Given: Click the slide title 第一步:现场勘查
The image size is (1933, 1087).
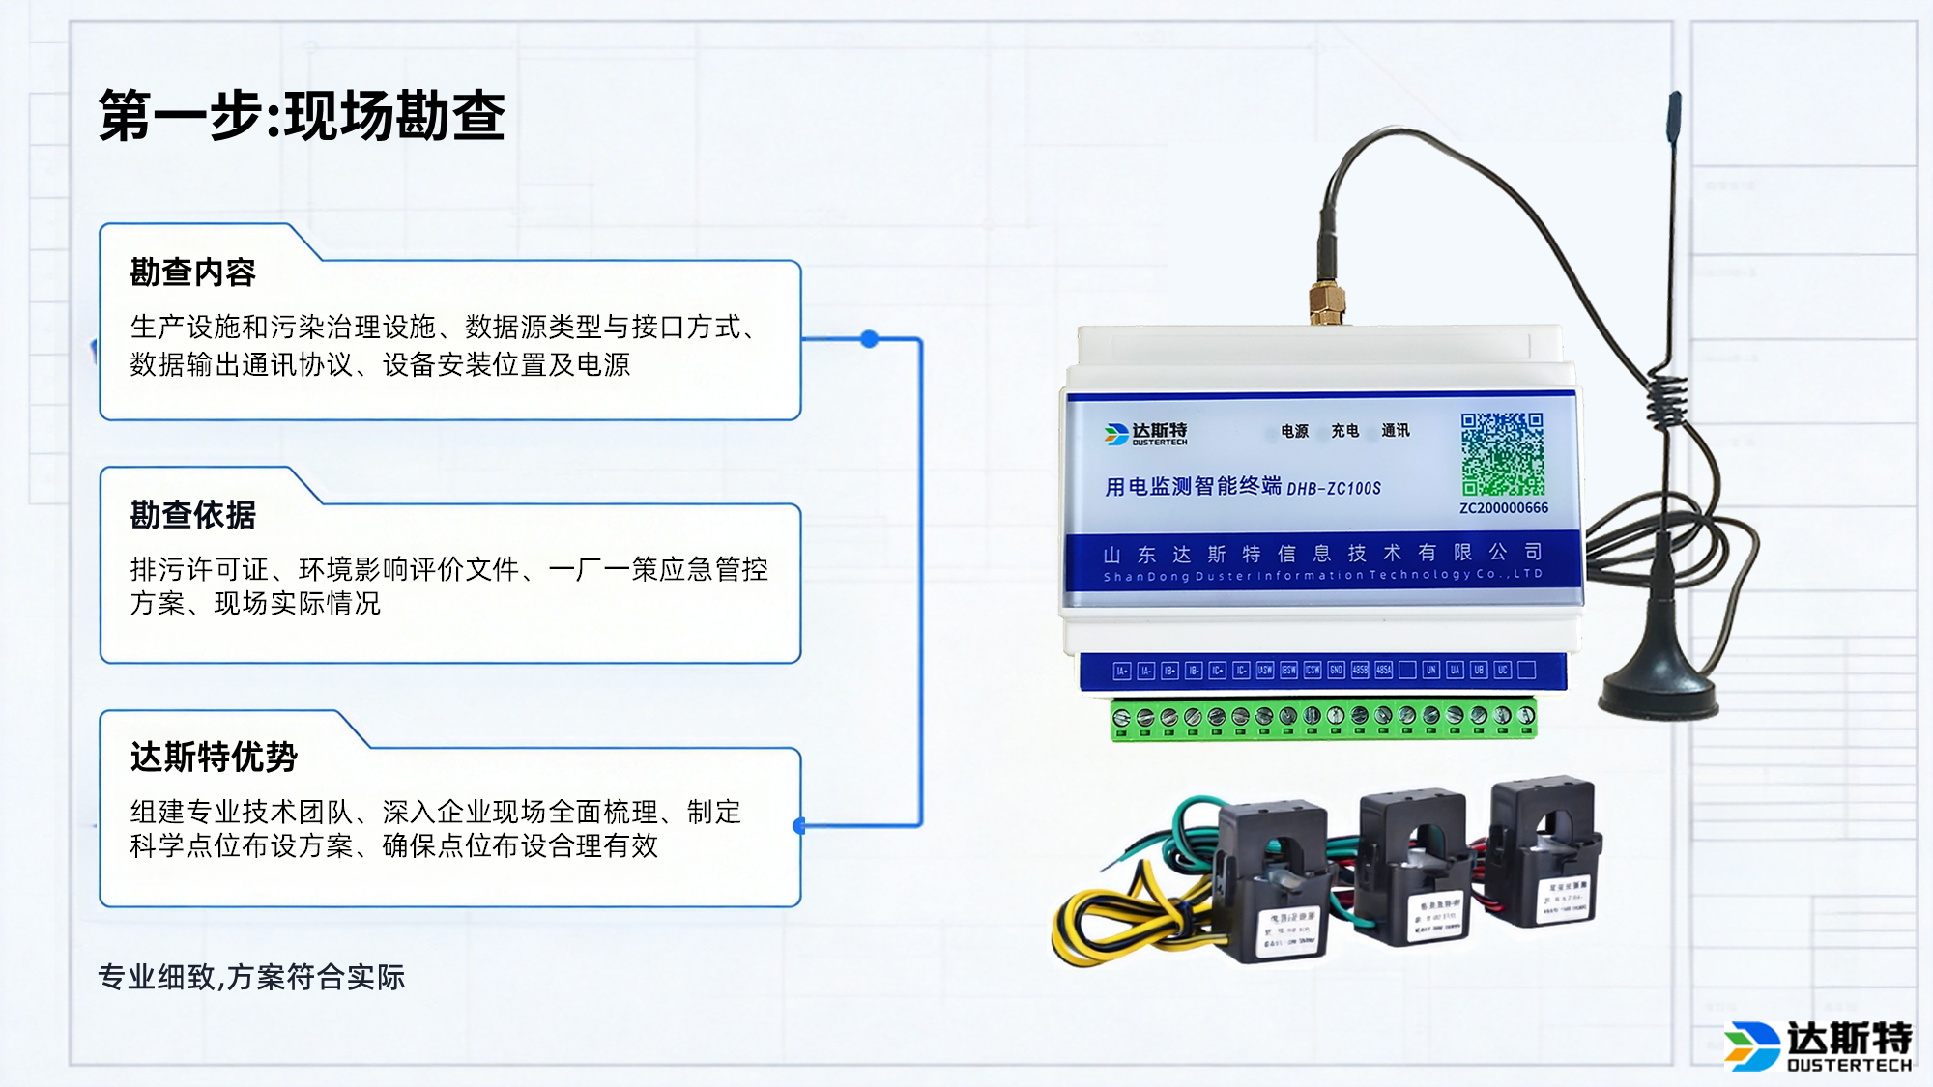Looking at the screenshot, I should (x=302, y=116).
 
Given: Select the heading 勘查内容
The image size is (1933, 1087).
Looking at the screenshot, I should (x=192, y=272).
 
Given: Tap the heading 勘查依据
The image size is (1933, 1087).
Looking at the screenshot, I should (x=192, y=515).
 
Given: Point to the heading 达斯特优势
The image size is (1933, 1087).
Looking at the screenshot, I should (x=214, y=757).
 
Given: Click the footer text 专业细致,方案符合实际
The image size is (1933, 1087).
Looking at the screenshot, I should (x=251, y=977).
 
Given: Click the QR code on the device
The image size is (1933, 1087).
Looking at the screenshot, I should (x=1502, y=453).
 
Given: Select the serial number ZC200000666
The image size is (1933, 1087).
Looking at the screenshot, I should (x=1503, y=508).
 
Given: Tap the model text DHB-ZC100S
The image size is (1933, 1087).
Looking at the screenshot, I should (x=1334, y=489).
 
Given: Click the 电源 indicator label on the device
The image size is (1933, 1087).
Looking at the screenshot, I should (x=1294, y=431).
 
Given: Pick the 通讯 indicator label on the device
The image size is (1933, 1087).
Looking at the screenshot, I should (x=1395, y=431).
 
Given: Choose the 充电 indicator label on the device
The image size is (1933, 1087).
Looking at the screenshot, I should (x=1344, y=431).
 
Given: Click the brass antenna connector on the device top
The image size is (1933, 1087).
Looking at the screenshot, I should (x=1328, y=301).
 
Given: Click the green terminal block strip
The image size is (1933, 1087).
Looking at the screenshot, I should (x=1322, y=720).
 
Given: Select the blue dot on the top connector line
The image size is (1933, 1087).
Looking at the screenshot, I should (x=869, y=339).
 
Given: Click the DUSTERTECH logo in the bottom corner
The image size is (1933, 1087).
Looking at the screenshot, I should (x=1818, y=1046).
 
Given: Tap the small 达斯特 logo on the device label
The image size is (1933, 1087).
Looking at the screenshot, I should (x=1146, y=434).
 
